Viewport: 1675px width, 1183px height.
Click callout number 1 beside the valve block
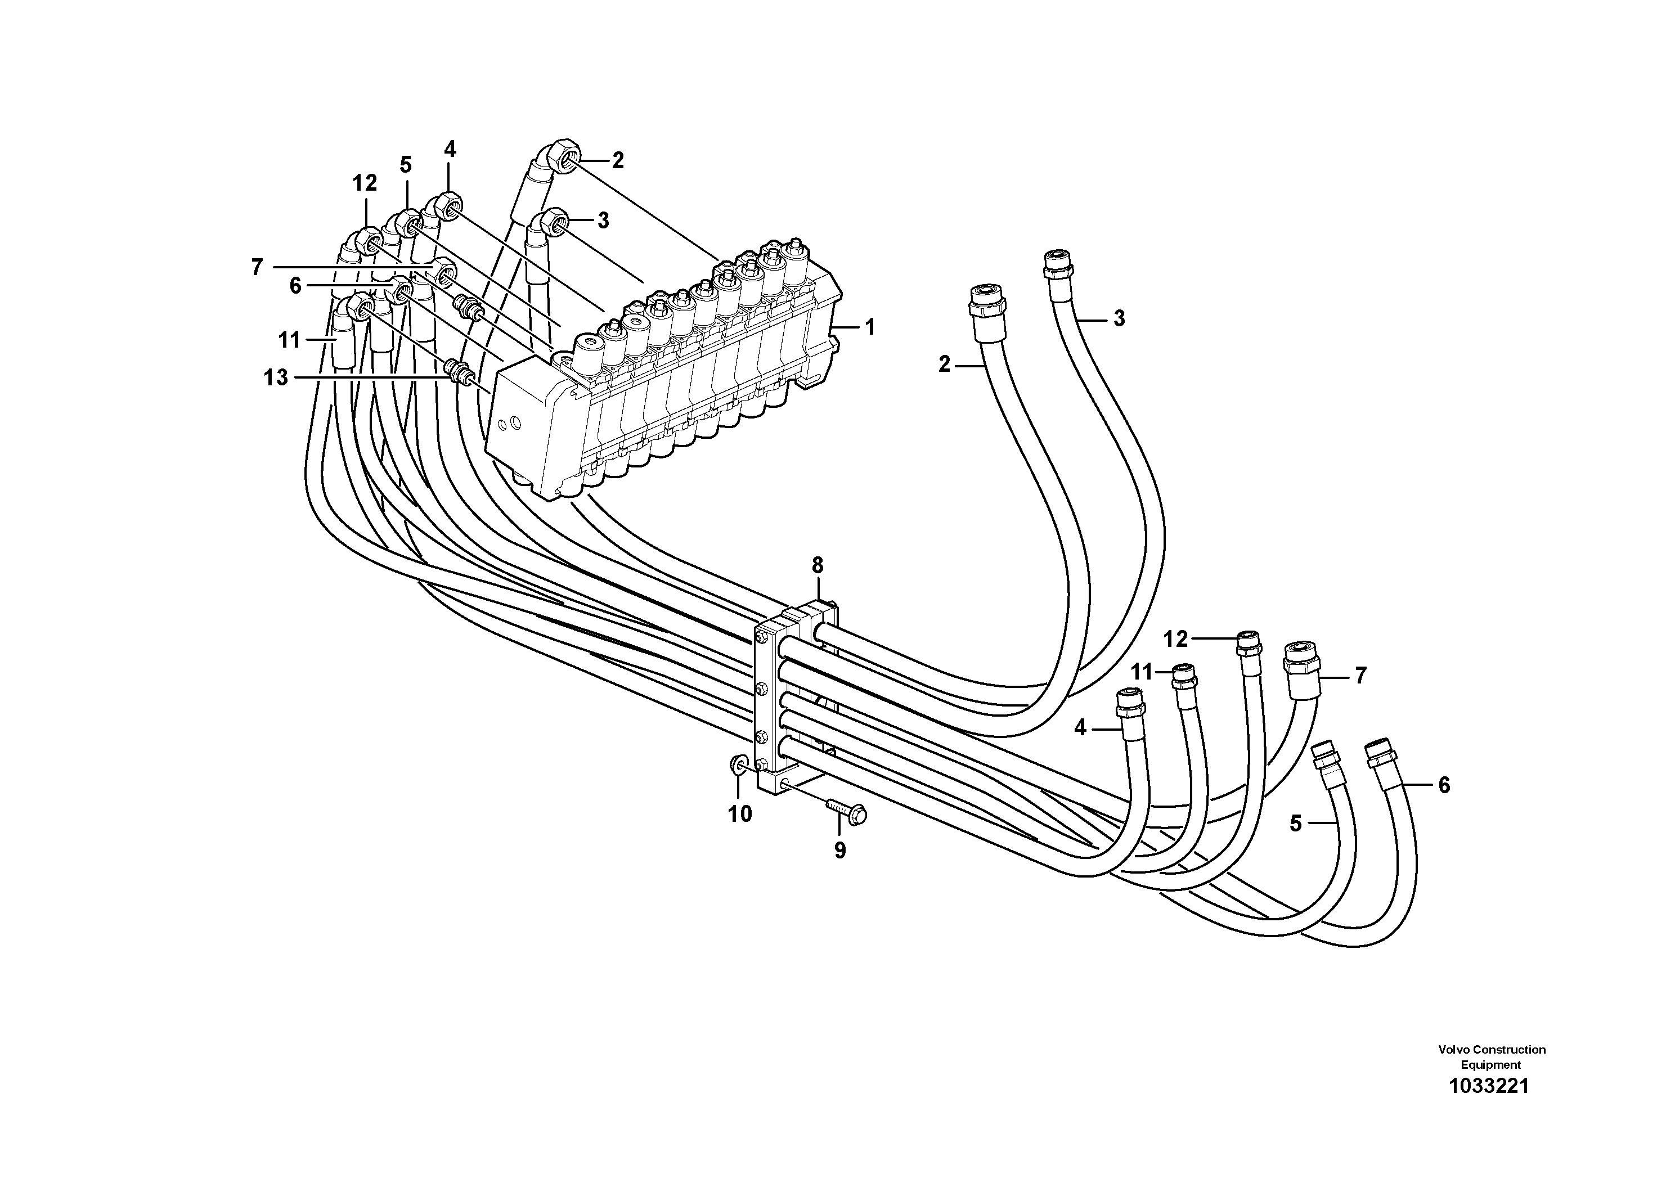pos(870,327)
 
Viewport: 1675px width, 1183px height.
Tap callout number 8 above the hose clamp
pos(817,565)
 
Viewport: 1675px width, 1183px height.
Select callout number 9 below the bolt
pos(839,851)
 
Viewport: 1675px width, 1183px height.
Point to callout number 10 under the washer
pos(740,814)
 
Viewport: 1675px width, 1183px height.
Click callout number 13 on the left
pos(276,378)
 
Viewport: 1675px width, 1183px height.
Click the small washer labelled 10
pos(738,764)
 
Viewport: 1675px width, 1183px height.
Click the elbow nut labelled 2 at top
pos(565,157)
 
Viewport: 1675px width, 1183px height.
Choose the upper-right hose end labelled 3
pos(1056,264)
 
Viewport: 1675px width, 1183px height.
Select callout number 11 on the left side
pos(290,340)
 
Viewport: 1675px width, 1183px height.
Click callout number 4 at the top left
pos(450,150)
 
